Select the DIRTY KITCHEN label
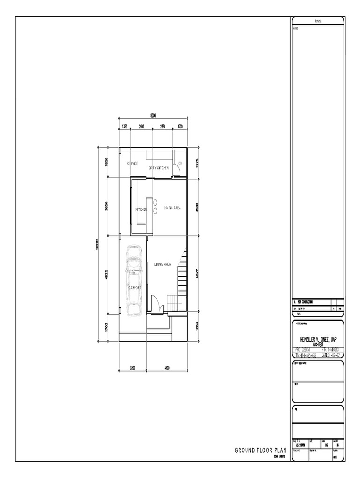pyautogui.click(x=158, y=167)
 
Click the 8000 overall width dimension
pyautogui.click(x=153, y=116)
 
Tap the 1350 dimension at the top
pyautogui.click(x=124, y=127)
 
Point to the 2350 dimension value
pyautogui.click(x=163, y=127)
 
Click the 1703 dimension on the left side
pyautogui.click(x=107, y=327)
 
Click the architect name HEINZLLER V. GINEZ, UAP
pyautogui.click(x=318, y=338)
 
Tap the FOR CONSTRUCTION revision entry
pyautogui.click(x=307, y=302)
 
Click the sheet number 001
pyautogui.click(x=335, y=458)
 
